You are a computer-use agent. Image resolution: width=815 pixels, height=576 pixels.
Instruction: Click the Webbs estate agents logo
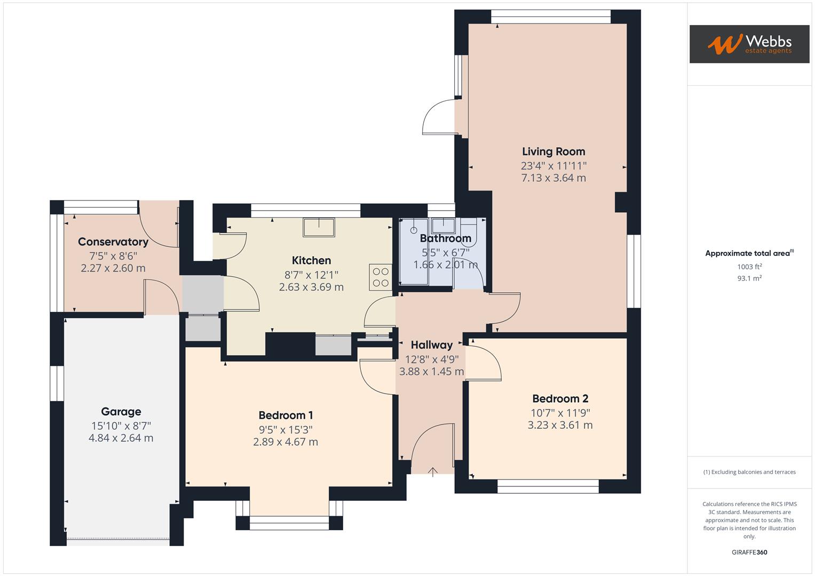click(x=749, y=44)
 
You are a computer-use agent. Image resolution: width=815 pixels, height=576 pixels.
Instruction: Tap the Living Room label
click(x=553, y=151)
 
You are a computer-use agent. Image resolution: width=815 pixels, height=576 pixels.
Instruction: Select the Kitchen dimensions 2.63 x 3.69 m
click(x=311, y=287)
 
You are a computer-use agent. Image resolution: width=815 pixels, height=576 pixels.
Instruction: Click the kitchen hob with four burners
click(x=380, y=277)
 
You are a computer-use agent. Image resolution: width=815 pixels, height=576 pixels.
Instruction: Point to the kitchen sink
click(x=319, y=227)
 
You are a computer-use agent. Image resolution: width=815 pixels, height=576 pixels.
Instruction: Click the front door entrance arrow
click(x=433, y=471)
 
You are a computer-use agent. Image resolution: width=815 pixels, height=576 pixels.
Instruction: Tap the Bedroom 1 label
click(x=286, y=415)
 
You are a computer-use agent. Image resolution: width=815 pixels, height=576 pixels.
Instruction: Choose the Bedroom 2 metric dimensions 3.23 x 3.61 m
click(x=560, y=425)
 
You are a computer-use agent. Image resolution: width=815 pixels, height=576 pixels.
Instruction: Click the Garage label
click(x=121, y=411)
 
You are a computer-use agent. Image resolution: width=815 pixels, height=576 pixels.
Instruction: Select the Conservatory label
click(x=113, y=242)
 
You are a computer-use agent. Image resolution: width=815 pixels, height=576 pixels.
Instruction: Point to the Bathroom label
click(x=445, y=238)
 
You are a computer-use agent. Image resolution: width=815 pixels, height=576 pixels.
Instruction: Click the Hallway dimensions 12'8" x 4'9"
click(x=431, y=359)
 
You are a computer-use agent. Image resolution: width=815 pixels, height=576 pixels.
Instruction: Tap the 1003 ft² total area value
click(x=749, y=267)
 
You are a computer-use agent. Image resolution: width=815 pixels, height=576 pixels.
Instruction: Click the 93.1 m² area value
click(x=749, y=278)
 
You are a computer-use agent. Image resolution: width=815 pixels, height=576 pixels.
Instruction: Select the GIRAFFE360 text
click(x=749, y=552)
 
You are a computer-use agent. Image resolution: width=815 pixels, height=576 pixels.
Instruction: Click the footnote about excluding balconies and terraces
click(x=749, y=472)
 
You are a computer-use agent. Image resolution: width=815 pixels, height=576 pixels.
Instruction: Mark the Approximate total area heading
click(x=749, y=253)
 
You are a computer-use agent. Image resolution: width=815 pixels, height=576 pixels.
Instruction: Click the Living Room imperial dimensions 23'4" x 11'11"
click(x=553, y=166)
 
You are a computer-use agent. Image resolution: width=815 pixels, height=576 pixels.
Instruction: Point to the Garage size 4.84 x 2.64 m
click(x=121, y=438)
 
